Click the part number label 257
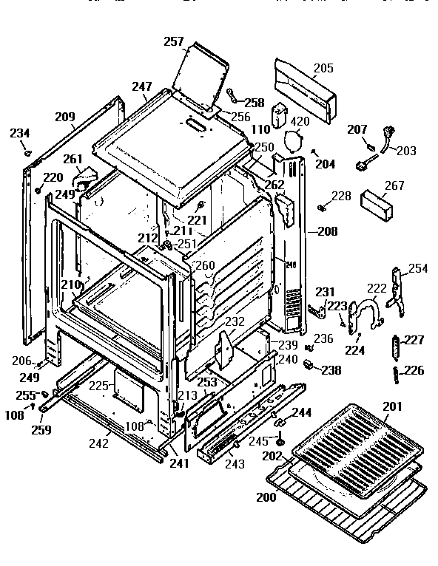coord(174,42)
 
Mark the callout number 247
coord(142,87)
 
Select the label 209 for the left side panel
coord(64,116)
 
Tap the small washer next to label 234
coord(27,154)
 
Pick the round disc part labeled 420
coord(295,140)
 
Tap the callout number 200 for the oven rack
coord(266,497)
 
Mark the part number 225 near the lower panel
coord(99,386)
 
